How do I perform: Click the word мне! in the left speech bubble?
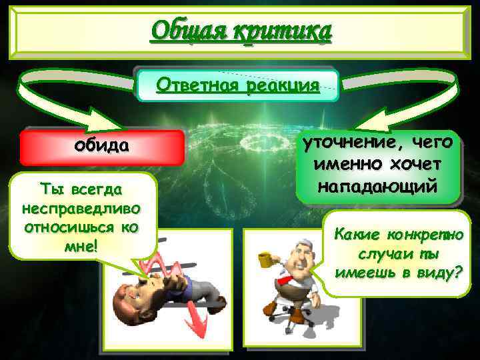(x=81, y=247)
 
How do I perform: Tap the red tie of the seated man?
(x=286, y=279)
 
